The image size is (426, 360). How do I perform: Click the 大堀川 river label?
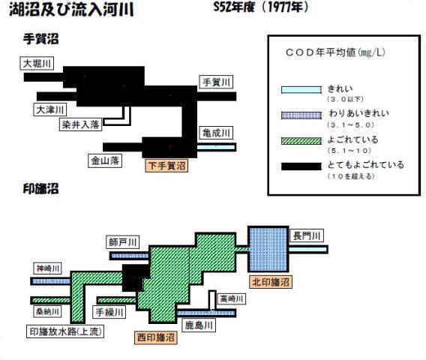pyautogui.click(x=37, y=64)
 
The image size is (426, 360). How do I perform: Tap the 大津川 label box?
pyautogui.click(x=50, y=109)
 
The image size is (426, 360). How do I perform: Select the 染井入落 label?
pyautogui.click(x=81, y=124)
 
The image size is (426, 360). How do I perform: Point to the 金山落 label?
pyautogui.click(x=105, y=160)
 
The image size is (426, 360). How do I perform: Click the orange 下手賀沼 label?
pyautogui.click(x=166, y=166)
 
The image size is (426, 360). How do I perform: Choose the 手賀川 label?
pyautogui.click(x=216, y=82)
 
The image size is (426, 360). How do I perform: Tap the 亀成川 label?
pyautogui.click(x=216, y=133)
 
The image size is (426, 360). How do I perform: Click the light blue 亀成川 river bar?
pyautogui.click(x=217, y=147)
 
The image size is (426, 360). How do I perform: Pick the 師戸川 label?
pyautogui.click(x=123, y=242)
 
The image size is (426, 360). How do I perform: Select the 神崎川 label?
pyautogui.click(x=48, y=268)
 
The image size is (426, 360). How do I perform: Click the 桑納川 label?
pyautogui.click(x=48, y=311)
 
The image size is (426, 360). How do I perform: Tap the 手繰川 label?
pyautogui.click(x=109, y=312)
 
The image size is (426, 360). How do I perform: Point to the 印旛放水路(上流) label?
pyautogui.click(x=65, y=331)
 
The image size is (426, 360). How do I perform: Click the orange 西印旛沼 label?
pyautogui.click(x=156, y=337)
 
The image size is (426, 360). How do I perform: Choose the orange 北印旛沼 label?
pyautogui.click(x=271, y=282)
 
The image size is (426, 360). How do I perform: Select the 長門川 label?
pyautogui.click(x=307, y=235)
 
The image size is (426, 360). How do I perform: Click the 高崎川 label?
pyautogui.click(x=232, y=298)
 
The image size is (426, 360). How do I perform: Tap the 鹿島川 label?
pyautogui.click(x=199, y=325)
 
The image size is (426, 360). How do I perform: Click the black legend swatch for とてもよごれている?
pyautogui.click(x=301, y=166)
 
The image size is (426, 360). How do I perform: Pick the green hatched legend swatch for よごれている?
pyautogui.click(x=301, y=141)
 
